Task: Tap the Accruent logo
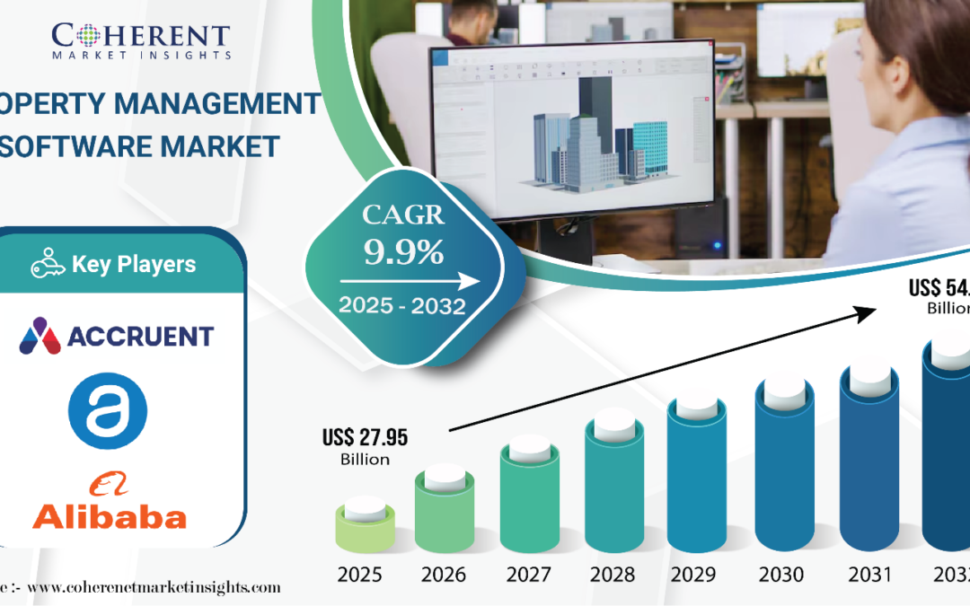point(117,336)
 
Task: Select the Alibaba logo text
point(110,515)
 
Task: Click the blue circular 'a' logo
point(108,411)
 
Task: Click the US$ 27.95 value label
point(365,438)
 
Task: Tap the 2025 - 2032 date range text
point(401,306)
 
